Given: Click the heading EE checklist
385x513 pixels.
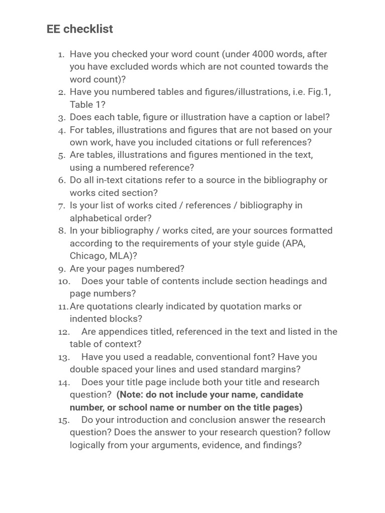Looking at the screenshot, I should pyautogui.click(x=80, y=29).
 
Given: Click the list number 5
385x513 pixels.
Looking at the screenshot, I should pyautogui.click(x=62, y=155).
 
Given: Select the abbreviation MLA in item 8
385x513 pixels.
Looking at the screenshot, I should pyautogui.click(x=121, y=256).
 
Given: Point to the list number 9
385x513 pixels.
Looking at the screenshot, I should pyautogui.click(x=62, y=269).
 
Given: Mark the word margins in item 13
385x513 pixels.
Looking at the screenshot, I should pyautogui.click(x=281, y=369).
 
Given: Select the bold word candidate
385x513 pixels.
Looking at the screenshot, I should pyautogui.click(x=282, y=395).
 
